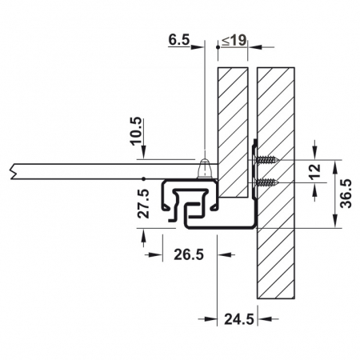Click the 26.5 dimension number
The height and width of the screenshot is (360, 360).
pos(188,255)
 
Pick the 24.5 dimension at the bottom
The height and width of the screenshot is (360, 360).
pos(238,320)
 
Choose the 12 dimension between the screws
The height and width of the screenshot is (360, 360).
pos(315,171)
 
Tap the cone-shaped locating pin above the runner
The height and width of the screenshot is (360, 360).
pos(205,169)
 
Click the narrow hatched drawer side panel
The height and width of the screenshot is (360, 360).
pos(233,128)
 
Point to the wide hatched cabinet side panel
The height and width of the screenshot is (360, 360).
pos(276,240)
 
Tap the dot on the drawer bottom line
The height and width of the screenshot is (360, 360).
pos(142,177)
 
